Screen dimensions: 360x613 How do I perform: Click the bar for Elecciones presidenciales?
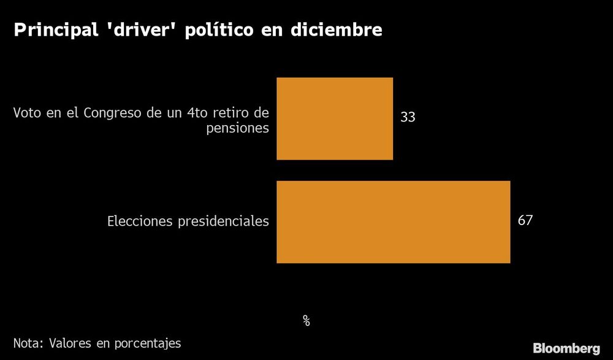tap(393, 222)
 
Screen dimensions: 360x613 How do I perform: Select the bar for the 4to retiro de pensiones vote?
tap(335, 118)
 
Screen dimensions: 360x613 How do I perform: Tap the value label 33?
tap(408, 117)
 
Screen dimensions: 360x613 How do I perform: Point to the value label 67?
tap(525, 220)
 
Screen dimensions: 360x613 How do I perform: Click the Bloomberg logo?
tap(566, 348)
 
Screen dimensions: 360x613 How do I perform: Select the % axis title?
tap(306, 320)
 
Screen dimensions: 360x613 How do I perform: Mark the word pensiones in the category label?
tap(237, 129)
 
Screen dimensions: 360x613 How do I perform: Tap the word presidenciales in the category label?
tap(223, 221)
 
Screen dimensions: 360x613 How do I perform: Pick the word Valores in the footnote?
tap(68, 343)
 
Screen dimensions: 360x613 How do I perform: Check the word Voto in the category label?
tap(25, 113)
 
